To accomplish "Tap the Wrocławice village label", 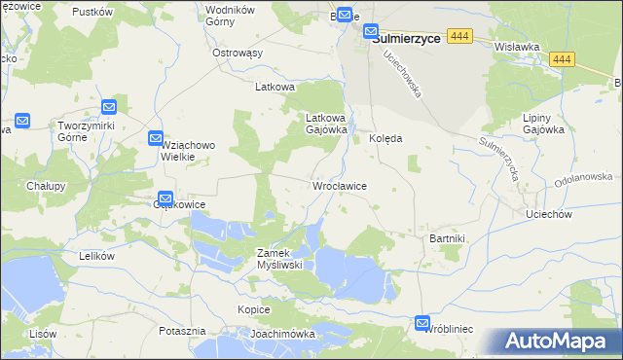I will pyautogui.click(x=338, y=185).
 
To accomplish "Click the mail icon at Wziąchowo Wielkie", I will pyautogui.click(x=156, y=139).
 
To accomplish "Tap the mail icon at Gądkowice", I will pyautogui.click(x=165, y=198).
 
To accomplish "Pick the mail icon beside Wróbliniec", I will pyautogui.click(x=422, y=323).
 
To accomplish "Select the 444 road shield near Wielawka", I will pyautogui.click(x=560, y=59).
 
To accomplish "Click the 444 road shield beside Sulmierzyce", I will pyautogui.click(x=460, y=36).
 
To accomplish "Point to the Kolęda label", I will pyautogui.click(x=385, y=139).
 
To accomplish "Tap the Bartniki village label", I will pyautogui.click(x=448, y=237).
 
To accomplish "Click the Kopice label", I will pyautogui.click(x=253, y=309).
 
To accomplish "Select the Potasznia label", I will pyautogui.click(x=182, y=331).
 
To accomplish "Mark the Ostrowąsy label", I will pyautogui.click(x=238, y=53).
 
